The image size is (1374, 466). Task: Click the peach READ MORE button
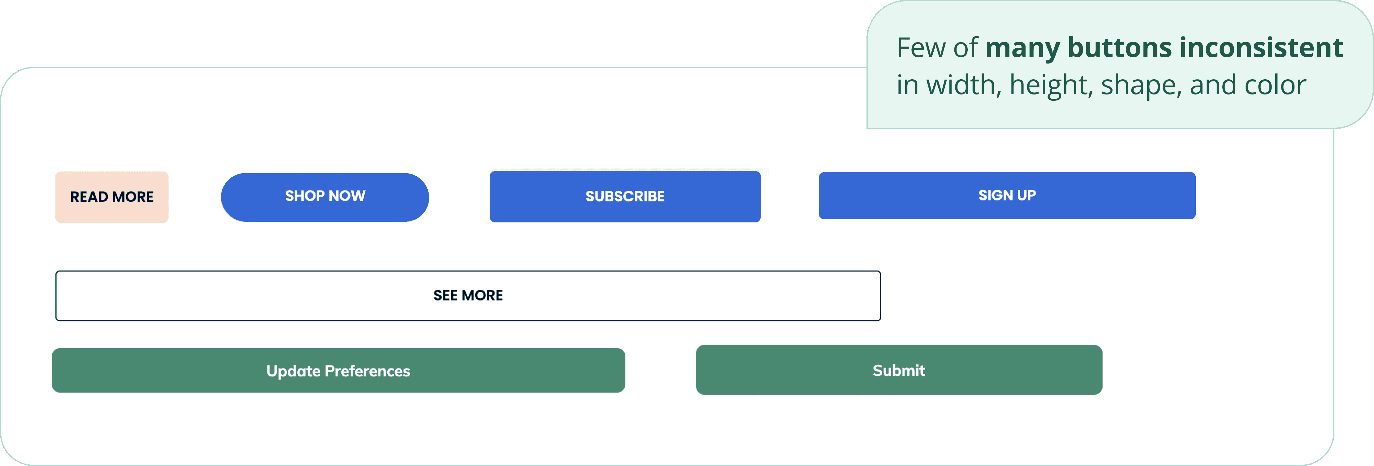coord(112,197)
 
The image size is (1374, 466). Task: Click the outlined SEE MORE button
coord(468,296)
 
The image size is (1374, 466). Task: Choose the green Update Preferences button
coord(338,371)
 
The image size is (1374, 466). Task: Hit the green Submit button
coord(899,370)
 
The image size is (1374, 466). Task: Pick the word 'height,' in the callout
coord(1051,86)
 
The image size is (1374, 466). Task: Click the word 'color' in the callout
coord(1275,86)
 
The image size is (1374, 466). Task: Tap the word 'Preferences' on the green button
coord(368,371)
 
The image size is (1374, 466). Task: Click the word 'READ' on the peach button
coord(89,197)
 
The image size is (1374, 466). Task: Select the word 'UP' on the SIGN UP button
coord(1026,196)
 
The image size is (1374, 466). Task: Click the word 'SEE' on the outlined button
coord(445,296)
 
